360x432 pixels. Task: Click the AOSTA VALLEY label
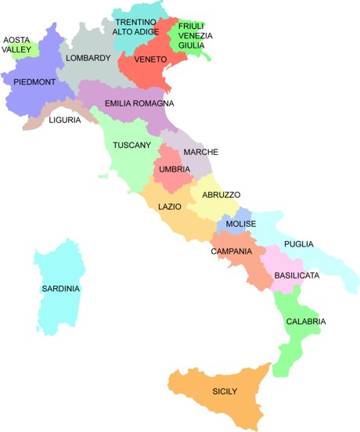pyautogui.click(x=17, y=44)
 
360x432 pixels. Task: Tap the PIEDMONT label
pyautogui.click(x=28, y=81)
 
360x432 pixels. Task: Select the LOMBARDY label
pyautogui.click(x=88, y=58)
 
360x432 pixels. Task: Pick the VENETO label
pyautogui.click(x=149, y=59)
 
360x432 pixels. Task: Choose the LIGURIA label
pyautogui.click(x=64, y=120)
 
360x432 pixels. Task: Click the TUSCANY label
pyautogui.click(x=131, y=146)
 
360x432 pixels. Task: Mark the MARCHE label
pyautogui.click(x=201, y=152)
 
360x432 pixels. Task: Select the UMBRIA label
pyautogui.click(x=173, y=169)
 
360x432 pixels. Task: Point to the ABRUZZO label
pyautogui.click(x=221, y=194)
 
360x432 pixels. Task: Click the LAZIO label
pyautogui.click(x=170, y=207)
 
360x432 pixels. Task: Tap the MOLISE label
pyautogui.click(x=240, y=225)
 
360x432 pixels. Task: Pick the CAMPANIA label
pyautogui.click(x=231, y=251)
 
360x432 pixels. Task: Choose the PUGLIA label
pyautogui.click(x=298, y=244)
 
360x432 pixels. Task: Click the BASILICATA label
pyautogui.click(x=296, y=276)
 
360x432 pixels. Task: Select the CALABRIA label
pyautogui.click(x=305, y=322)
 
